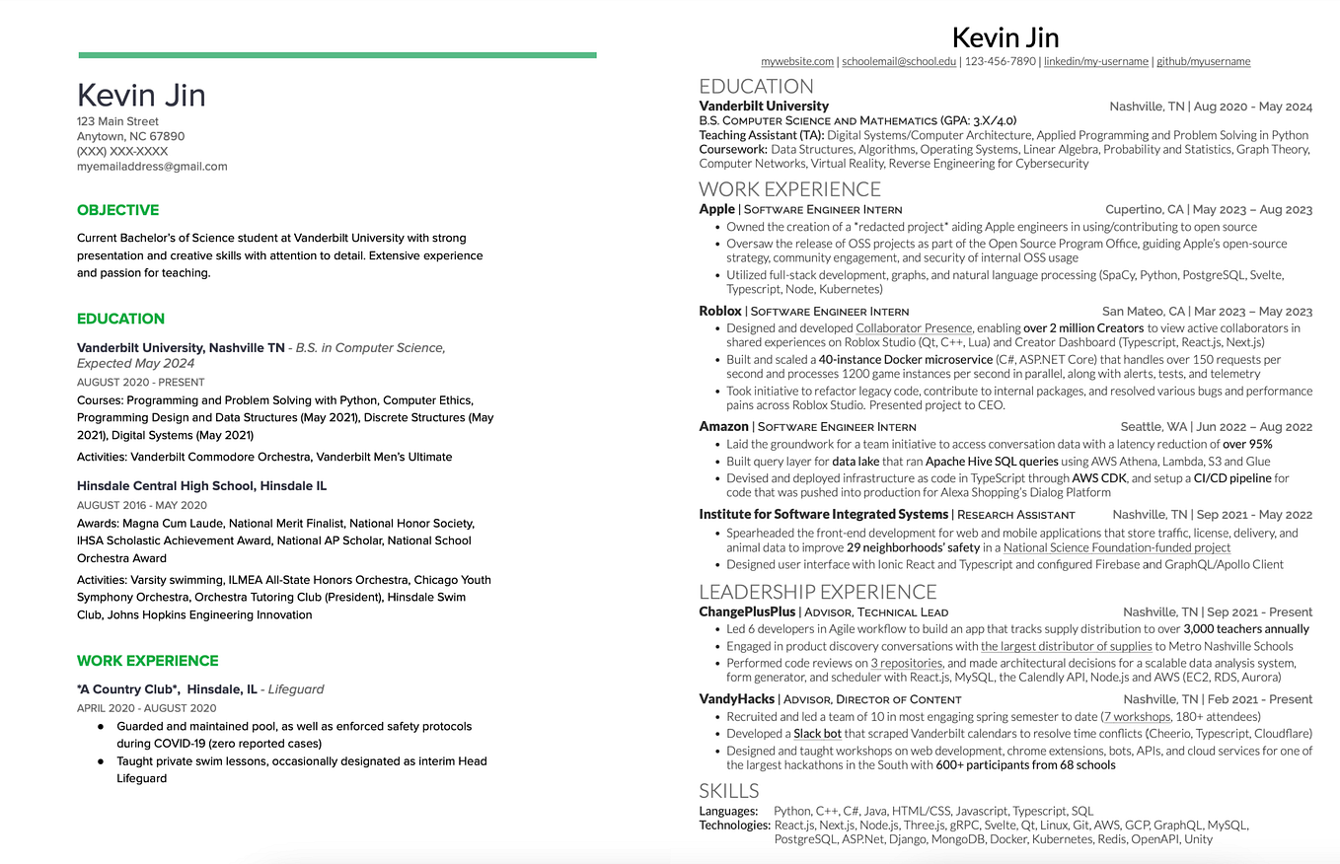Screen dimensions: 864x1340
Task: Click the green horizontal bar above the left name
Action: tap(336, 55)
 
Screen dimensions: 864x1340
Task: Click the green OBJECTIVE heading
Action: tap(117, 210)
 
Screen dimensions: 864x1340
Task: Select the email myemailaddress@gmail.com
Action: tap(152, 167)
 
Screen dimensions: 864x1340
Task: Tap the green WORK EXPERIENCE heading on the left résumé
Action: tap(148, 661)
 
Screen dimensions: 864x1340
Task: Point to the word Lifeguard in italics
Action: tap(296, 689)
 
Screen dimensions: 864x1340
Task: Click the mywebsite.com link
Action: tap(797, 61)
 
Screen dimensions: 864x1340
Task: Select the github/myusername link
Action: tap(1203, 61)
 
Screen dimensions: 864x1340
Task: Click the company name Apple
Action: tap(716, 209)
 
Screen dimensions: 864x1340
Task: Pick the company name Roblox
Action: tap(719, 311)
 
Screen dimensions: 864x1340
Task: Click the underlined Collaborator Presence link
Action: tap(914, 328)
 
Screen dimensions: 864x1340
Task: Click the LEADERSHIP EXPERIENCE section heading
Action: tap(817, 592)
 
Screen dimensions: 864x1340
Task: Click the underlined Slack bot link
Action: tap(817, 734)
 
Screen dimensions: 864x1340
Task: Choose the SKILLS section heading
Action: tap(729, 791)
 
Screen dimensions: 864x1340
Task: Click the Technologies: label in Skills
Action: tap(734, 825)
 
